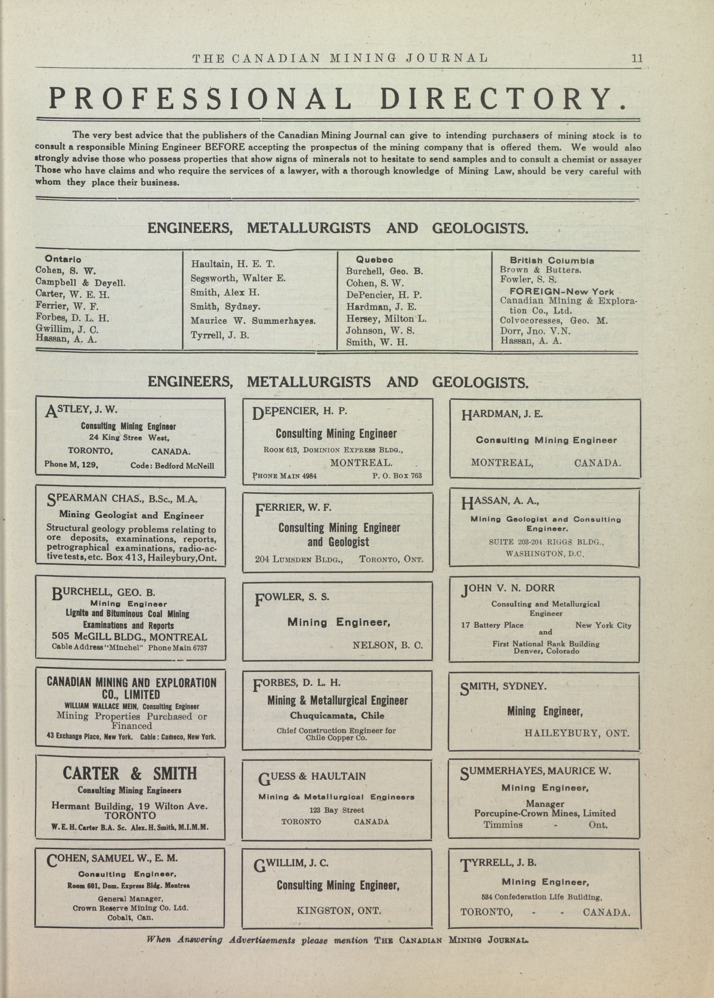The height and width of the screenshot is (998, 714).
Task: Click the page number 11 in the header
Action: tap(637, 58)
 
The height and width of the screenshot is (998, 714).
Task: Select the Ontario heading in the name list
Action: tap(63, 259)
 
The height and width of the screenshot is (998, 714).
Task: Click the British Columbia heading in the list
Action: tap(552, 261)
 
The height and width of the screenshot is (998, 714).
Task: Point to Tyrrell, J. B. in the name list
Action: tap(220, 335)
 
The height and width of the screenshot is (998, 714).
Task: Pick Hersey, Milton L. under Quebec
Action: tap(386, 319)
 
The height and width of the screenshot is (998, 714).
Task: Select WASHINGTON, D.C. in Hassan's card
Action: tap(544, 554)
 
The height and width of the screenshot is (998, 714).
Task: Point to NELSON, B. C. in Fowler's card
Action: tap(387, 646)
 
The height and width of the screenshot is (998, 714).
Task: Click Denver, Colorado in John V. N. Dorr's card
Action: tap(546, 651)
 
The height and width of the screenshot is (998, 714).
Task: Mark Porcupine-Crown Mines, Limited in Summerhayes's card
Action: tap(545, 813)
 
